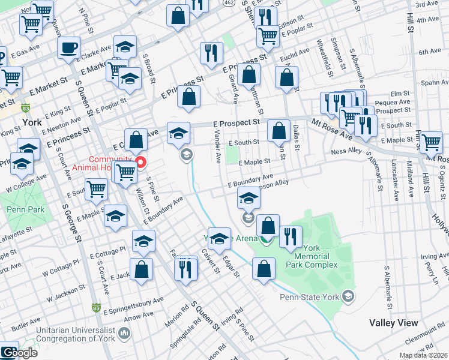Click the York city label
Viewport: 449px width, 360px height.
(31, 122)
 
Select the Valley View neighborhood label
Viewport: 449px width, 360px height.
(393, 323)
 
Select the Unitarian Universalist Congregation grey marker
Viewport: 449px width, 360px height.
(124, 332)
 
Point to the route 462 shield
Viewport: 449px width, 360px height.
(229, 2)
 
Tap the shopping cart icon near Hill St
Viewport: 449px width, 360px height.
(431, 142)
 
